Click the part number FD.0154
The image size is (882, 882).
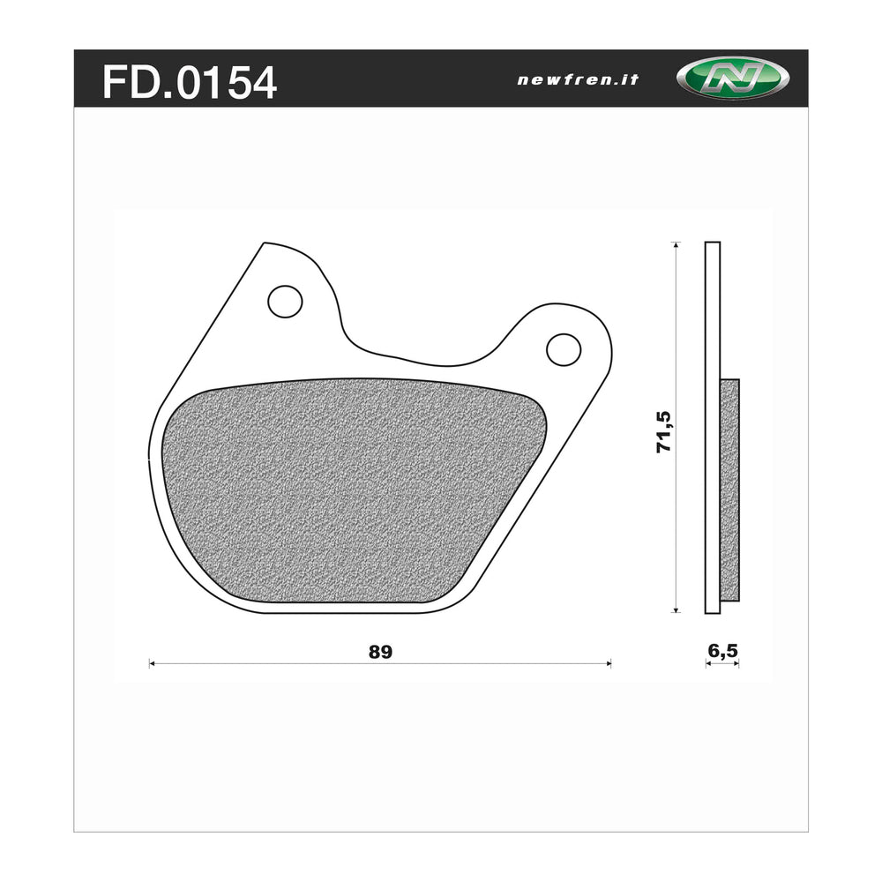tap(190, 82)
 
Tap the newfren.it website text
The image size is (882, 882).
tap(578, 79)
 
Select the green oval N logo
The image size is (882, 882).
tap(732, 78)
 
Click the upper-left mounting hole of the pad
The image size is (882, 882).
tap(285, 302)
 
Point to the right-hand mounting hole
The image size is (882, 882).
tap(564, 349)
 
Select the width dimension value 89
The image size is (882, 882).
tap(380, 653)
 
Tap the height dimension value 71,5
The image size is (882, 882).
tap(664, 431)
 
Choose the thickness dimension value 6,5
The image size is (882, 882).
tap(722, 652)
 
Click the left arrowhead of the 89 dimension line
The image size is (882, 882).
tap(153, 663)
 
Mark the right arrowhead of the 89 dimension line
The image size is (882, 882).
tap(608, 663)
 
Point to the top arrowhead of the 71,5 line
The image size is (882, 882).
tap(676, 245)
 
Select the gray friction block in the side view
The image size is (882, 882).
tap(729, 490)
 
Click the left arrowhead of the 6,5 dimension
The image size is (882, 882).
tap(708, 663)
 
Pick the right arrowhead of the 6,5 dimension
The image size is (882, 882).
tap(736, 663)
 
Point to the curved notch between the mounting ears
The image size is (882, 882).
tap(415, 358)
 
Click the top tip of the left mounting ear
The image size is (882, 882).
tap(265, 243)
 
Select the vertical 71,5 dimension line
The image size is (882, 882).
tap(676, 529)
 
